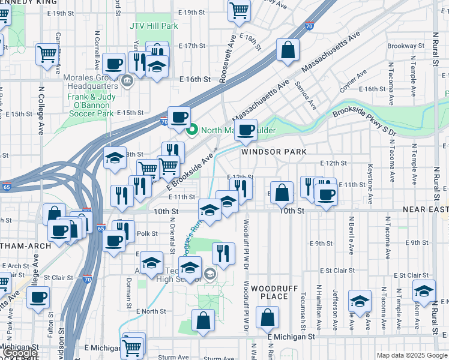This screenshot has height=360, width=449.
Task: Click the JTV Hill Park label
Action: coord(154,26)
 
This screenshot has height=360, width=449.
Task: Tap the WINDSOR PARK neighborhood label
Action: coord(270,152)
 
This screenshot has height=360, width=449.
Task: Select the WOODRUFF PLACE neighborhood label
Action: coord(274,292)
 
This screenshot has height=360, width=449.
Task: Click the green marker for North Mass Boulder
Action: coord(193,129)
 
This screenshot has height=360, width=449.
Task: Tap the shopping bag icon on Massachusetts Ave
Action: coord(288,50)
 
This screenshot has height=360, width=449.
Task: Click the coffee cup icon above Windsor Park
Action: coord(245,130)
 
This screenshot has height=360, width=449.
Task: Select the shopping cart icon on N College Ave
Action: coord(47,55)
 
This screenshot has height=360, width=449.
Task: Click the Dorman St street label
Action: coord(128,293)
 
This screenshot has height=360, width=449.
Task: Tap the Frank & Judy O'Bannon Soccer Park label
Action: coord(90,104)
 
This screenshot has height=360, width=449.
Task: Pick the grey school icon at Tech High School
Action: coord(209,274)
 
